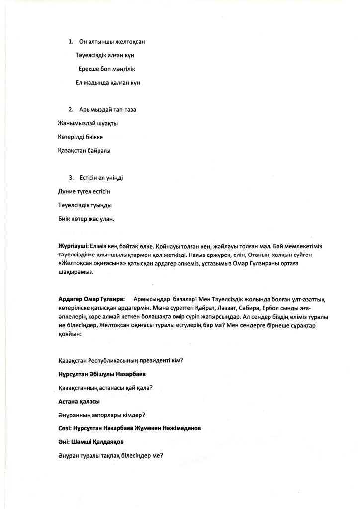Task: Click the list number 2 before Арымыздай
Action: click(x=71, y=109)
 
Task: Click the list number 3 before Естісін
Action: click(x=71, y=177)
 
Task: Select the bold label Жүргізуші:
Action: click(x=74, y=246)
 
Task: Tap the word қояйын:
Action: click(x=69, y=335)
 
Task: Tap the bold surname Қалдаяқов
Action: click(x=101, y=441)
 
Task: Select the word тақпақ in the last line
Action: click(x=113, y=455)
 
